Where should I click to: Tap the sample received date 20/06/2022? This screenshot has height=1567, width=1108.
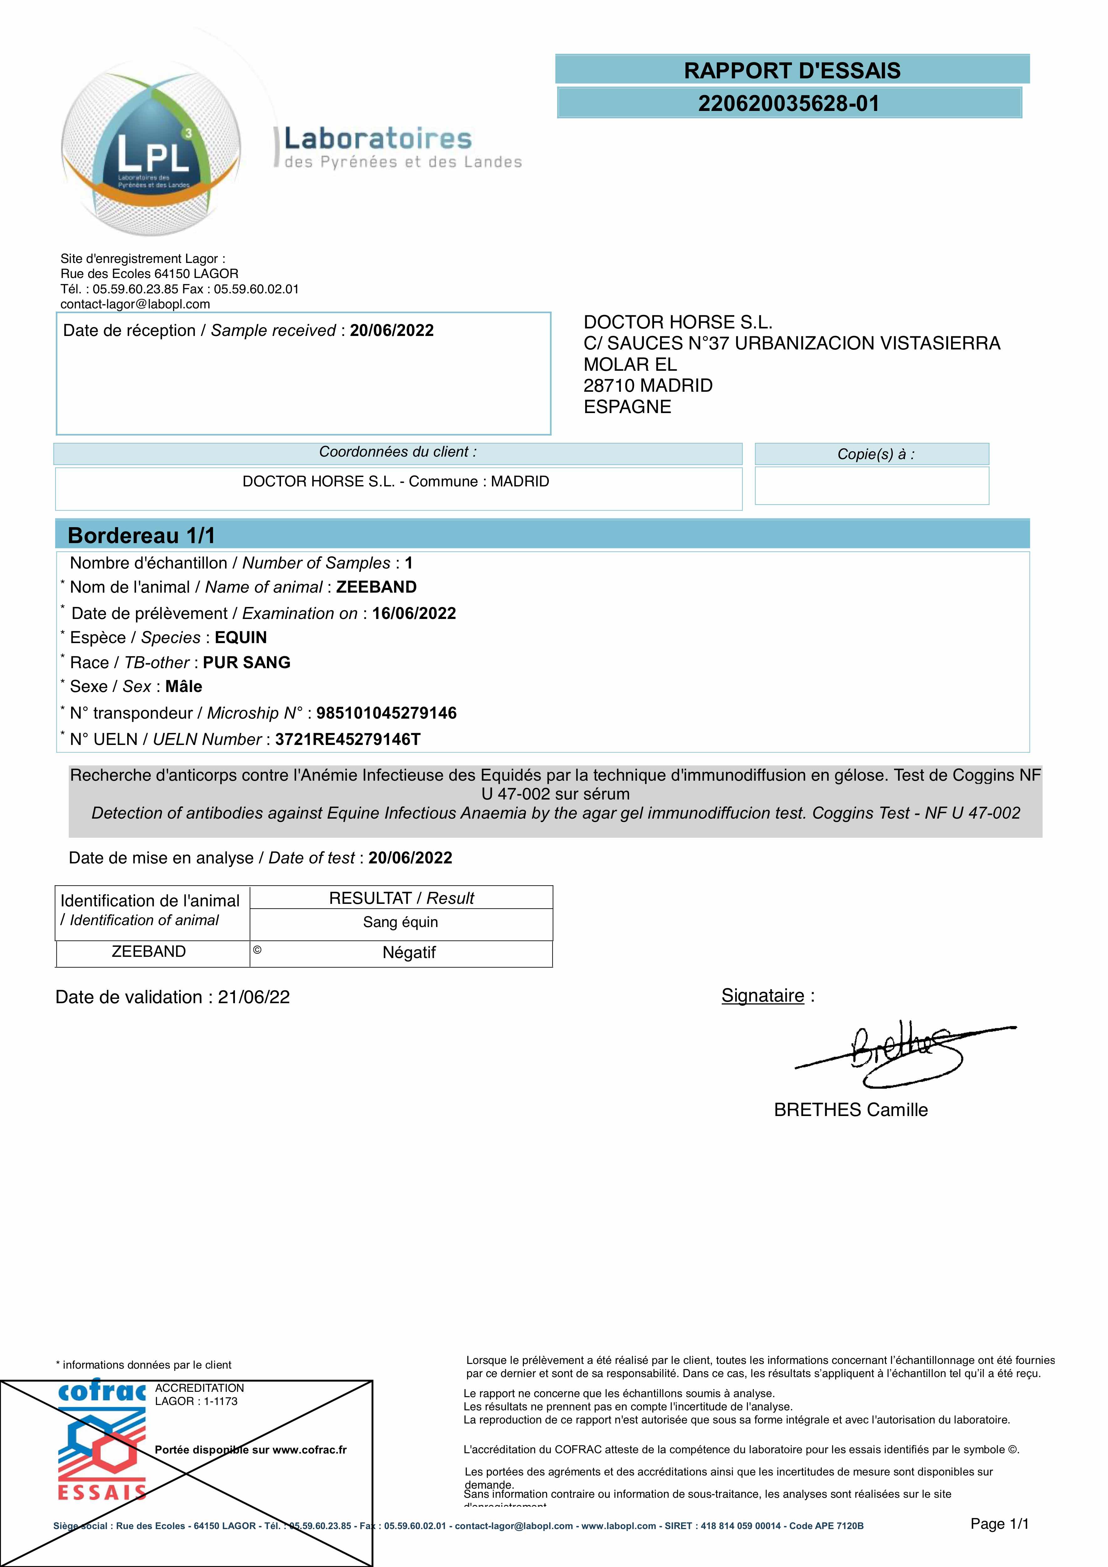[392, 331]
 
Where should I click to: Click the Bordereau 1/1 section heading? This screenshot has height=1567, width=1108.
[141, 536]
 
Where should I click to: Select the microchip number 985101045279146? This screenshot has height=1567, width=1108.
[386, 713]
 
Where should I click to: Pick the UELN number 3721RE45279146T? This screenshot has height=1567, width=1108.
[348, 740]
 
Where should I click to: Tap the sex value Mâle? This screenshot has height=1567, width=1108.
[184, 687]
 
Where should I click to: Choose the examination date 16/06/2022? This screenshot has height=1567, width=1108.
[414, 614]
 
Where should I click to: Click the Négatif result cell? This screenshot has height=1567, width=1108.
[409, 953]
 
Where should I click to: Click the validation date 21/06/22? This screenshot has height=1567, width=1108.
[254, 998]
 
